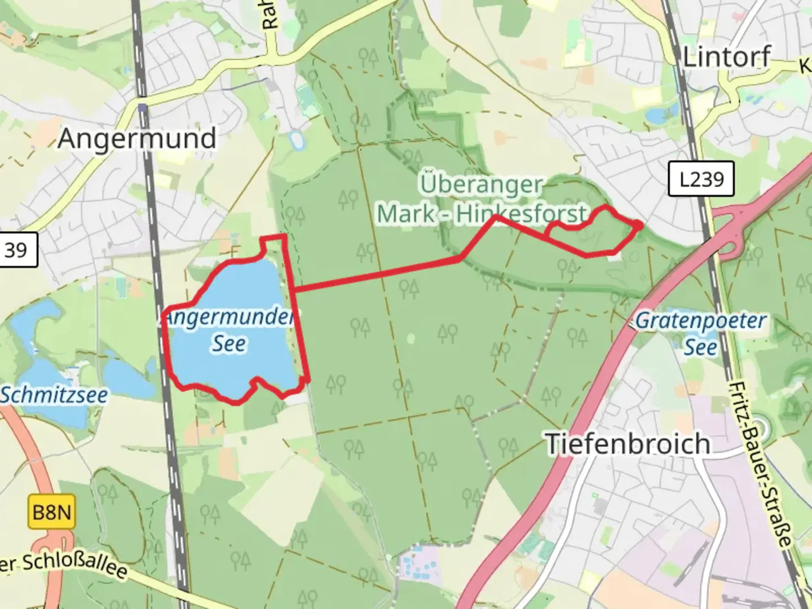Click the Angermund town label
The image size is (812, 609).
(137, 138)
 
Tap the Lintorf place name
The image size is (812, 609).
(726, 56)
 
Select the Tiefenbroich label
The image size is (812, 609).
(628, 444)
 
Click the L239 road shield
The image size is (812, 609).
(701, 179)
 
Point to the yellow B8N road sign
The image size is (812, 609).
(51, 513)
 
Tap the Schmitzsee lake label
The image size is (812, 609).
(54, 395)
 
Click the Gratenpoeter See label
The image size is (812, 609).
(700, 333)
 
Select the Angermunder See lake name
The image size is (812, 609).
(228, 330)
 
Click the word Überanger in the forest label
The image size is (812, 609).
(480, 184)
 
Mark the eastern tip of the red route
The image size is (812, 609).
(641, 225)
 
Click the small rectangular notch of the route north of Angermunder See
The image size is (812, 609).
(275, 241)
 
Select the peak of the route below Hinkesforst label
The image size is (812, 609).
(496, 217)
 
